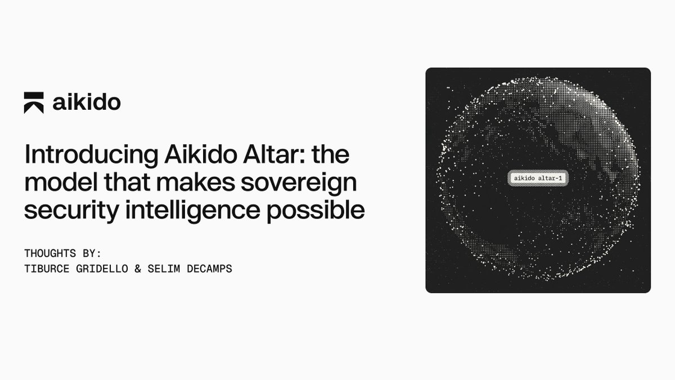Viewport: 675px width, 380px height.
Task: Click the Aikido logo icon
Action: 34,102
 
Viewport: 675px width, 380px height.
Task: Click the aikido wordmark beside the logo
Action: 87,102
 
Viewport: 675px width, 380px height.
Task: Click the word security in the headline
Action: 72,211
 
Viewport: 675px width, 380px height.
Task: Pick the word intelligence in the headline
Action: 192,210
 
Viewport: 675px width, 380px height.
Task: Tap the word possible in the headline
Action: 316,210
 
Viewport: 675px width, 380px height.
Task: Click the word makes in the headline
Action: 196,182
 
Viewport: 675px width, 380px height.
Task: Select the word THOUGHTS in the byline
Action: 50,253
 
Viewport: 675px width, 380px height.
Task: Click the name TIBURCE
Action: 47,269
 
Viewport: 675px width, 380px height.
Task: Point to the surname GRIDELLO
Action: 102,269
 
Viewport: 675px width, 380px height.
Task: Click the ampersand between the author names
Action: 138,269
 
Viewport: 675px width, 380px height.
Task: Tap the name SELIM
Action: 164,269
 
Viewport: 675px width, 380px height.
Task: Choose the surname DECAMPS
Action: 209,269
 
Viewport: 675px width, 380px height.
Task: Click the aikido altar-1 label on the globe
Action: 538,178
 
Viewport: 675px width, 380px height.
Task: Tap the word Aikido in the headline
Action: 201,154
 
